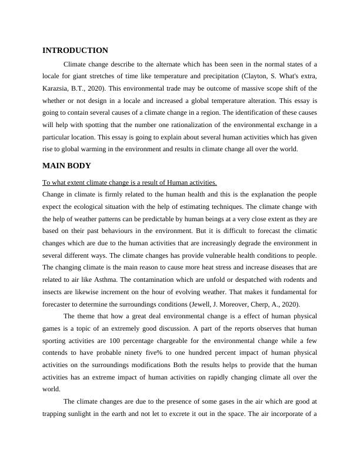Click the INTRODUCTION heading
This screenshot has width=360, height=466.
75,51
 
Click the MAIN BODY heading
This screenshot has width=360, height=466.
66,165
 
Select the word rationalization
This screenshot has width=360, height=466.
198,125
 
